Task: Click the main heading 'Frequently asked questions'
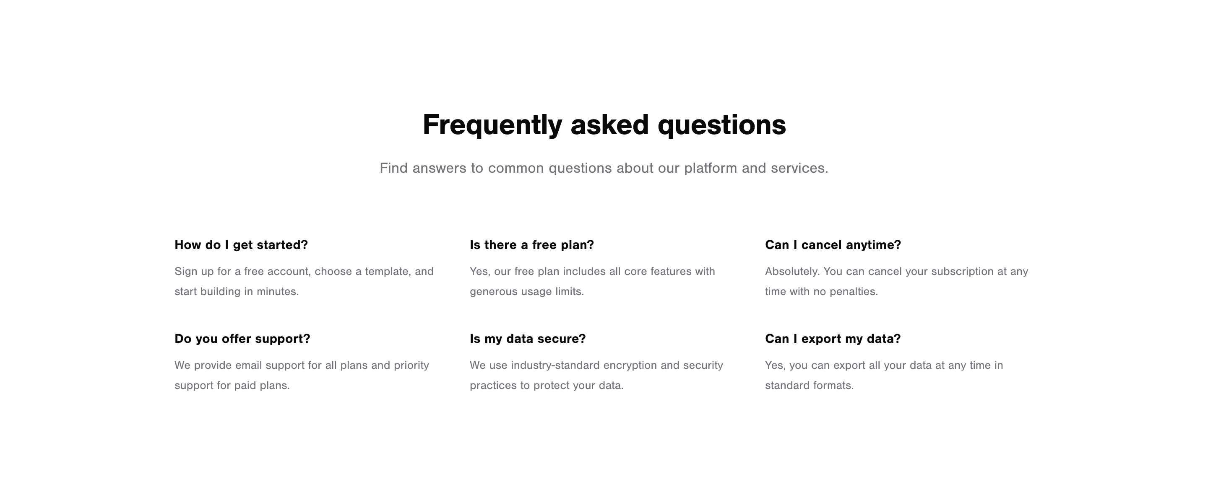click(x=604, y=125)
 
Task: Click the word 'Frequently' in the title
click(x=492, y=125)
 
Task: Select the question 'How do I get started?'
click(x=241, y=245)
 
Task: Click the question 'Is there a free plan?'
click(x=532, y=245)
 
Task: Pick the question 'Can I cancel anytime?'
click(x=833, y=245)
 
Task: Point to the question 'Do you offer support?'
click(x=242, y=338)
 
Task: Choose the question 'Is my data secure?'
click(x=528, y=338)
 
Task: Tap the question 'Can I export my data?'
click(x=833, y=338)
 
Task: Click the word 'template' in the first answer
click(x=386, y=272)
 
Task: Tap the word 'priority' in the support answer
click(x=411, y=365)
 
